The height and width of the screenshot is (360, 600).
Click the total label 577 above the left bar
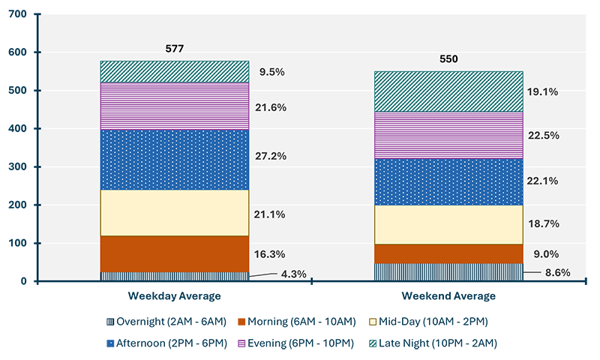click(x=174, y=49)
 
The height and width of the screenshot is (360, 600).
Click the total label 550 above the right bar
click(x=448, y=59)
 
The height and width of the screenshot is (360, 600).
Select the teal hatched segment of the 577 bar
click(x=174, y=71)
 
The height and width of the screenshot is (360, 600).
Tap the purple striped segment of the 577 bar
click(x=174, y=106)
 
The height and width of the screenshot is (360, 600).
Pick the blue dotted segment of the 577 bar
click(x=174, y=159)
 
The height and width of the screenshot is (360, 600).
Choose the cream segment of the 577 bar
click(x=174, y=213)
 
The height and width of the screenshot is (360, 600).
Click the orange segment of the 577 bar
click(x=174, y=253)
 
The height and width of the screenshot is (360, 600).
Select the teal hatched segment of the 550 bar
click(x=448, y=91)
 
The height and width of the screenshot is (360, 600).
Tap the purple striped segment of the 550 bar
click(x=448, y=135)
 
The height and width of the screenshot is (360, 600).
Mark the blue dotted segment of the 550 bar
click(x=448, y=181)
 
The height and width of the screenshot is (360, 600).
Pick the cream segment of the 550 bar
click(x=448, y=224)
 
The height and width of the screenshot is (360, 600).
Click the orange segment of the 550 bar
click(x=448, y=253)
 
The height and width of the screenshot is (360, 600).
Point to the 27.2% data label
click(x=271, y=157)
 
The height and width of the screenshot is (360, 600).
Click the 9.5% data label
click(x=271, y=73)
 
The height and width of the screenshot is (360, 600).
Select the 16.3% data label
click(x=271, y=254)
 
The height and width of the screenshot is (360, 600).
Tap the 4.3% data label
click(x=293, y=274)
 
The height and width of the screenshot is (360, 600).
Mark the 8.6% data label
click(x=555, y=274)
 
